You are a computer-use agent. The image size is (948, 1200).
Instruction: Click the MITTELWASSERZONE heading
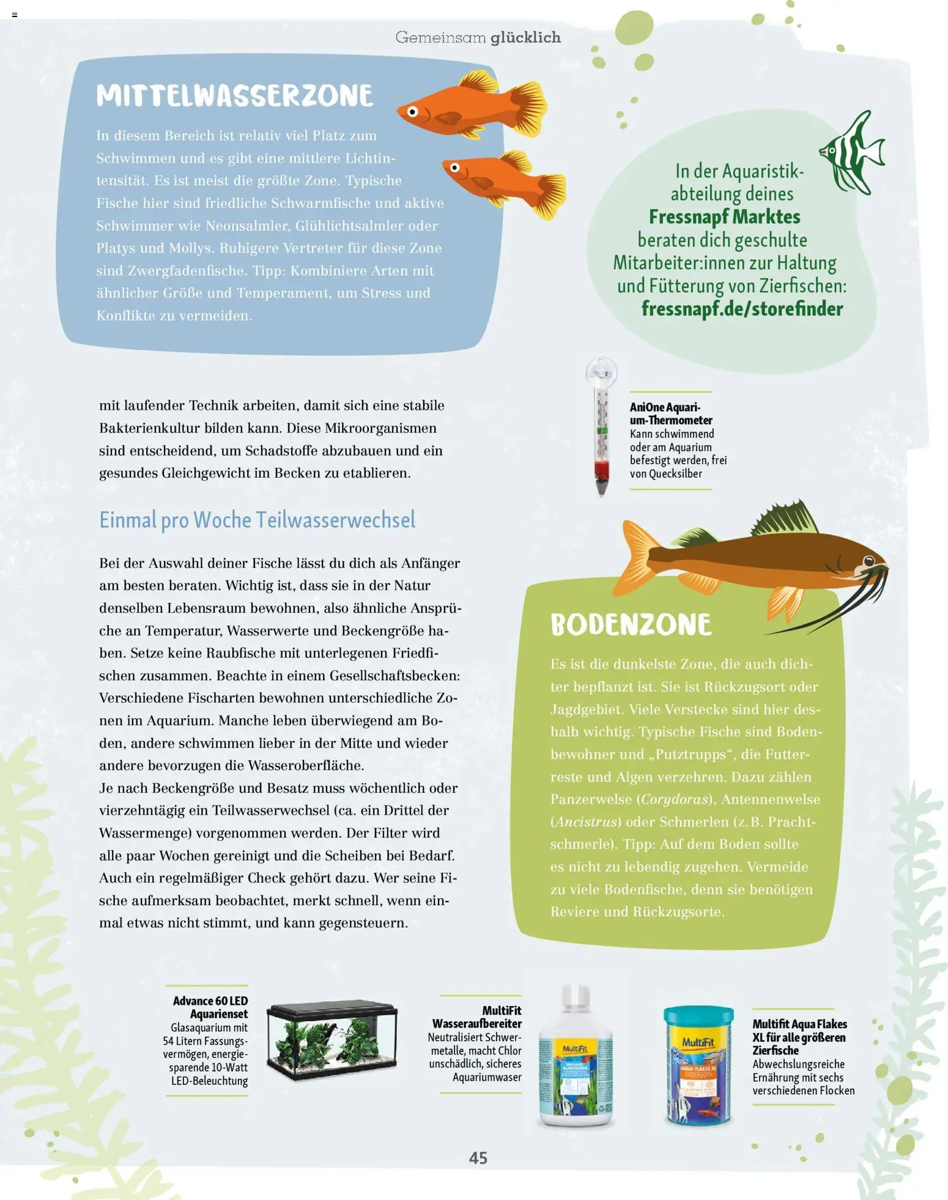(x=234, y=96)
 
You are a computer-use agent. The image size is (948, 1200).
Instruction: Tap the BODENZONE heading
(x=631, y=625)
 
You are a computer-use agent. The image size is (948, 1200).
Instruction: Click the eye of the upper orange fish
(x=413, y=112)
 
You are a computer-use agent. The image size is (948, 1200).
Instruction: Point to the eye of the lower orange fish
(x=454, y=168)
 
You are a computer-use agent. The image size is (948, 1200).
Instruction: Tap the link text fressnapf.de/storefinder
(x=742, y=309)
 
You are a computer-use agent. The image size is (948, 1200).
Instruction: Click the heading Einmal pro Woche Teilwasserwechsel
(x=257, y=520)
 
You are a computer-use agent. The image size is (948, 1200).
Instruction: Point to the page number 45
(x=478, y=1157)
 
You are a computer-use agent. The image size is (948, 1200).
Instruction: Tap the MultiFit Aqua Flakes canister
(x=698, y=1065)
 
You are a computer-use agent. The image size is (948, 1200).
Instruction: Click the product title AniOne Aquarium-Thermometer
(x=671, y=413)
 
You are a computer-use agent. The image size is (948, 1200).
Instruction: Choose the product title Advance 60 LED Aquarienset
(x=210, y=1007)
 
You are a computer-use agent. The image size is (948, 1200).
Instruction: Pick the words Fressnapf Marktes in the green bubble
(x=724, y=217)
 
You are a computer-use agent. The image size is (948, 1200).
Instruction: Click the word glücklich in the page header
(x=525, y=37)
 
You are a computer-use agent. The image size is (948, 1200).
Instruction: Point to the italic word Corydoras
(x=675, y=799)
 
